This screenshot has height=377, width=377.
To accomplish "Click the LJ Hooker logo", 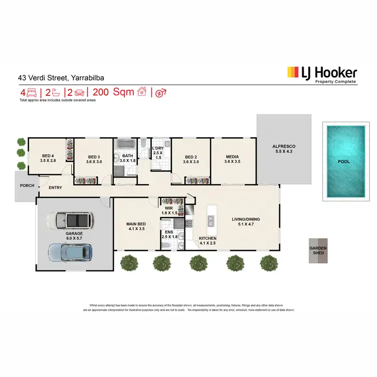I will click(x=322, y=74).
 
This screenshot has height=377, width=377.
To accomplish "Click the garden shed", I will click(x=318, y=250).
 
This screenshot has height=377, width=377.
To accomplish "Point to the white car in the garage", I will click(x=69, y=220).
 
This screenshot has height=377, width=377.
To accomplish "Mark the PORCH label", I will click(x=27, y=185).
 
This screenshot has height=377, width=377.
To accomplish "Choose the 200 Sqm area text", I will click(x=116, y=92).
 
